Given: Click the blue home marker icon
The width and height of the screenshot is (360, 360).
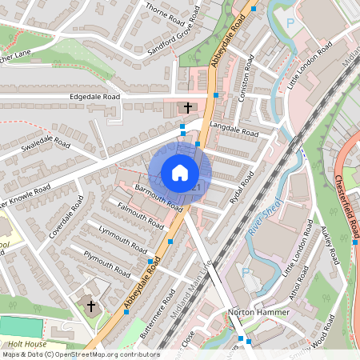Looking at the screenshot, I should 179,173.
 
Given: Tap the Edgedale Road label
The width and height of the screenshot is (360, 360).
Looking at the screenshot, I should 97,97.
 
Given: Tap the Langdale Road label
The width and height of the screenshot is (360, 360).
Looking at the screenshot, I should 234,130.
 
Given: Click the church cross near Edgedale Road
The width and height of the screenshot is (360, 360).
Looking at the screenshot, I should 188,106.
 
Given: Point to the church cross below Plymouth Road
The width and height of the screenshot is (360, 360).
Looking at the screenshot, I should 90,305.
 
